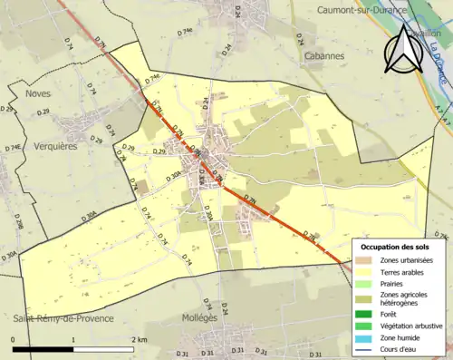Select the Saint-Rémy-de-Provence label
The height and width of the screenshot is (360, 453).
click(63, 318)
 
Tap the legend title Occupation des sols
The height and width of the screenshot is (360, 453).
click(397, 247)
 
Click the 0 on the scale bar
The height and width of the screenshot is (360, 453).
click(13, 339)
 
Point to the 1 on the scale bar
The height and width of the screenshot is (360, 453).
click(74, 339)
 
